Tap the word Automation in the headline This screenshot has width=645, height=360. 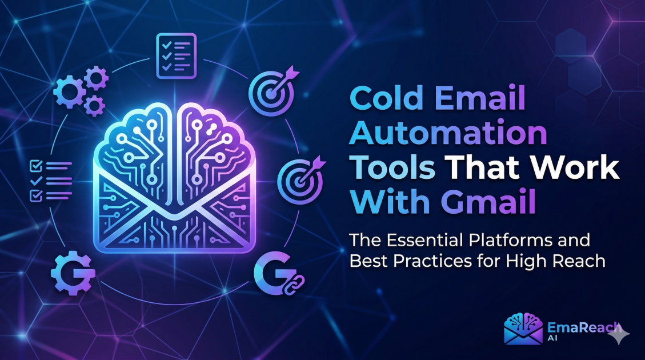click(x=448, y=135)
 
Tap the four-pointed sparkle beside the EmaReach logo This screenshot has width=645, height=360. click(x=618, y=335)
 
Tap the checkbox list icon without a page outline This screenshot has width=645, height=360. click(x=50, y=181)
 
